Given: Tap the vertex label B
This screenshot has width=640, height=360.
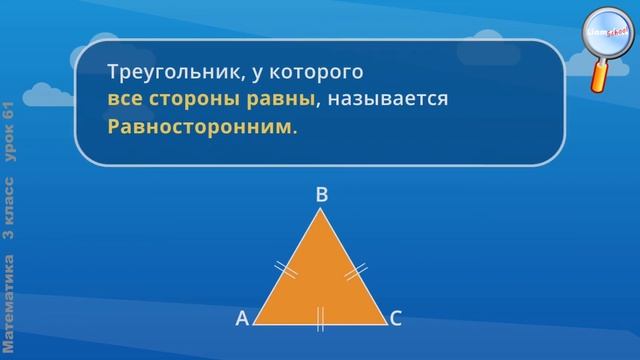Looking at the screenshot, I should coord(322,195).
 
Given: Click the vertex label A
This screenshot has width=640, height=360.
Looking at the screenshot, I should coord(242,319).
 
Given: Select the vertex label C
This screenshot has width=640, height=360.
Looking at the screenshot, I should coord(396,319).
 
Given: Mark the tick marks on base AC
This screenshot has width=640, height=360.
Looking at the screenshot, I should coord(321,319).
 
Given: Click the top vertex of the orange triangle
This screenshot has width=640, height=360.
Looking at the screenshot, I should coord(321,213).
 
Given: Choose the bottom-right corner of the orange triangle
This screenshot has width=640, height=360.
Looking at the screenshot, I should coord(386,324).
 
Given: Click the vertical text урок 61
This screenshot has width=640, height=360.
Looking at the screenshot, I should coord(10,134).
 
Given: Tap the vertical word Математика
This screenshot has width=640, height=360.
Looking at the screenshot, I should coord(10,299).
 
